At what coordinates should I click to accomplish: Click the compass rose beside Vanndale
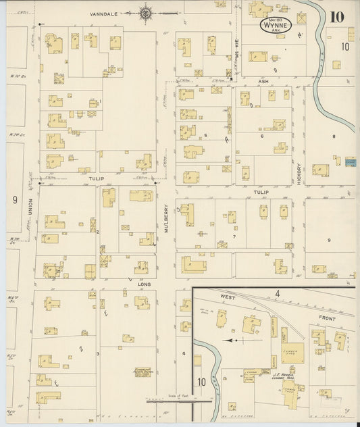(x=146, y=12)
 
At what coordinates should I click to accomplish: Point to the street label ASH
(x=263, y=81)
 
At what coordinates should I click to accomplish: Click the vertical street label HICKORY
(x=298, y=173)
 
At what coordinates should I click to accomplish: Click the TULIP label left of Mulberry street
(x=94, y=180)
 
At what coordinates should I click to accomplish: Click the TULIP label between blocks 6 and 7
(x=261, y=192)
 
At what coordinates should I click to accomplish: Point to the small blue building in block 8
(x=349, y=162)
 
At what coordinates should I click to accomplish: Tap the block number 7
(x=234, y=236)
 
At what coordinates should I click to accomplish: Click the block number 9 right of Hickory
(x=330, y=241)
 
